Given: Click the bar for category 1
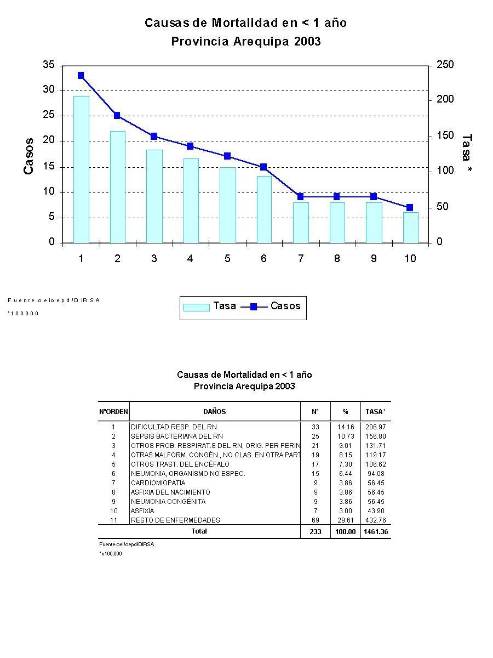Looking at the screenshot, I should (x=81, y=169).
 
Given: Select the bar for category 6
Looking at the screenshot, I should (x=263, y=209).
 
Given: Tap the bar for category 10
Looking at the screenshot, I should (x=410, y=227).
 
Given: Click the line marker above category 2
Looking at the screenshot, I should (x=117, y=116).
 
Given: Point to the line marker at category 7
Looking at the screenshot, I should (x=300, y=196).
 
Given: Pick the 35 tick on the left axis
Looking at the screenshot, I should (x=49, y=65).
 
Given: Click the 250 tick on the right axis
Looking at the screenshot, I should (x=445, y=65).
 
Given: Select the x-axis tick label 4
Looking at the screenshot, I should (x=190, y=259).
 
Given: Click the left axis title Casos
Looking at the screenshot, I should (x=28, y=156).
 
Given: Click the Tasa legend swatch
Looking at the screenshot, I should (x=196, y=307).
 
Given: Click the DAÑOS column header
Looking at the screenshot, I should (x=214, y=412).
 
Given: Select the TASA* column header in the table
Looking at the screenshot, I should (x=376, y=412).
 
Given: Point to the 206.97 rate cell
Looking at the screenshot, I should (x=376, y=427).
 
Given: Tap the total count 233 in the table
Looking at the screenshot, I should (x=316, y=532).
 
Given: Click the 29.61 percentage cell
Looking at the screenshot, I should (x=346, y=520).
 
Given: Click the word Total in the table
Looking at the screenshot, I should (x=199, y=531).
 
